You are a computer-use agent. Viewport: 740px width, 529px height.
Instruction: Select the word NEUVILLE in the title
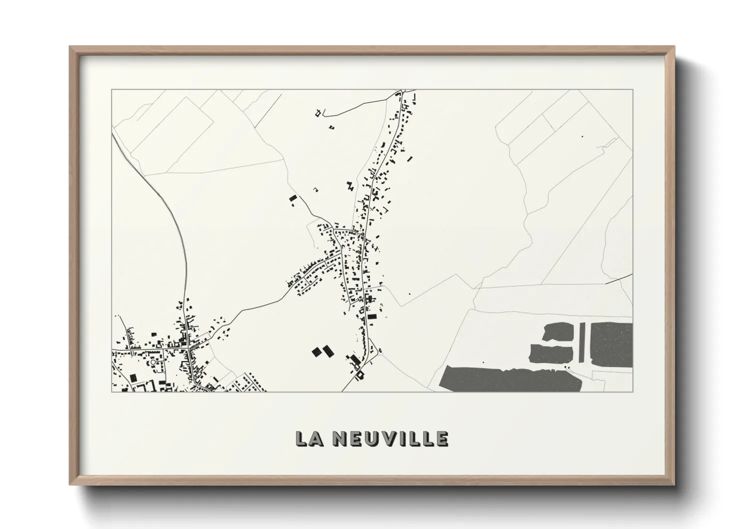pyautogui.click(x=390, y=438)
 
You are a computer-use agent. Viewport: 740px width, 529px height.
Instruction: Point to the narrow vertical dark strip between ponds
pyautogui.click(x=581, y=342)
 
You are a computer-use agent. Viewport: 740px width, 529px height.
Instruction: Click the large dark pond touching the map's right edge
pyautogui.click(x=612, y=344)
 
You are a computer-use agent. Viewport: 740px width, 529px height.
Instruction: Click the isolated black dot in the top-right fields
pyautogui.click(x=582, y=135)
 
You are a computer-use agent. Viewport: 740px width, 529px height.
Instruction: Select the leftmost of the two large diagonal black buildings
pyautogui.click(x=316, y=352)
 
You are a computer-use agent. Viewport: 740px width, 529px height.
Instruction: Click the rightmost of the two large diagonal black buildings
pyautogui.click(x=327, y=350)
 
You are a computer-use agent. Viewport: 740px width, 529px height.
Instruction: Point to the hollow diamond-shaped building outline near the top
pyautogui.click(x=317, y=113)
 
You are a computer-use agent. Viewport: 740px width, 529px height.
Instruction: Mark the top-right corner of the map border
pyautogui.click(x=632, y=90)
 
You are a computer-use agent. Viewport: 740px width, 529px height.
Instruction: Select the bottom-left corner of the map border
pyautogui.click(x=111, y=391)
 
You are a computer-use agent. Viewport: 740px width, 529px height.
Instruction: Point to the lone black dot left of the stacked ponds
pyautogui.click(x=483, y=361)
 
